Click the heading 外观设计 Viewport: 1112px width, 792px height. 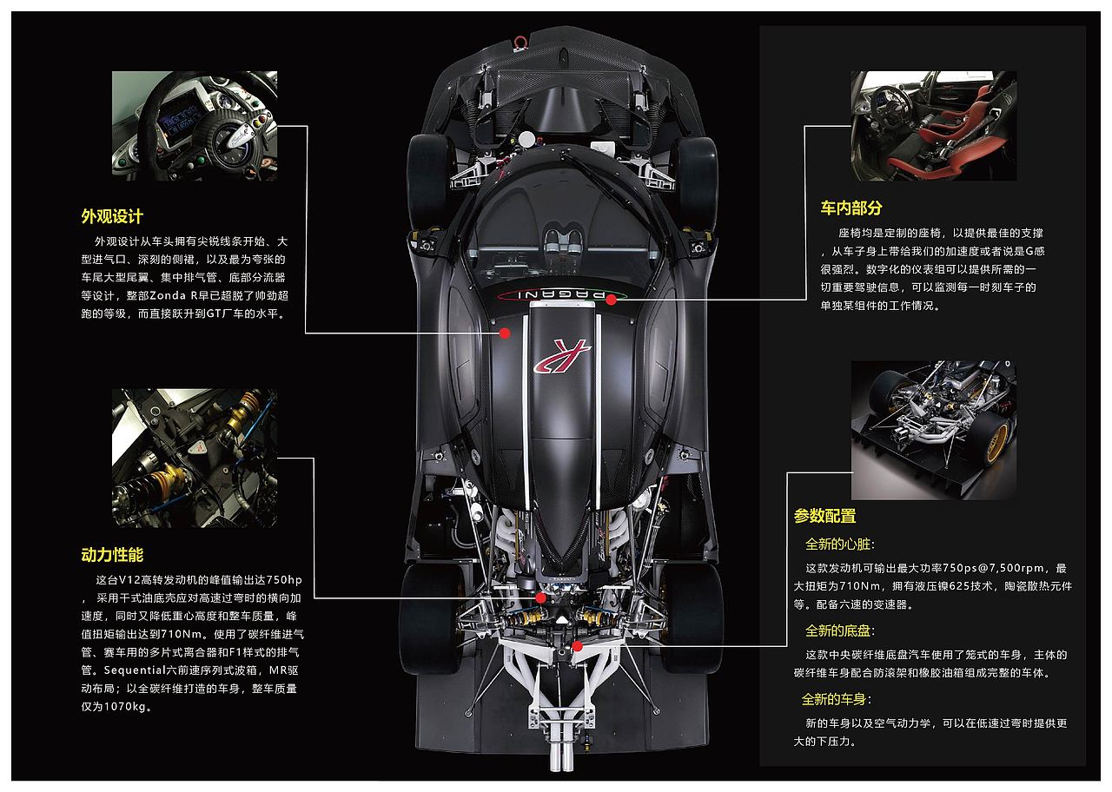pyautogui.click(x=112, y=216)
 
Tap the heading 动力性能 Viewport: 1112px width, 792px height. pyautogui.click(x=112, y=554)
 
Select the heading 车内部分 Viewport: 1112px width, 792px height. pyautogui.click(x=851, y=208)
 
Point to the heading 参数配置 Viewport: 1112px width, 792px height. pyautogui.click(x=824, y=516)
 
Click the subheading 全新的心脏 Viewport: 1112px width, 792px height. pyautogui.click(x=839, y=544)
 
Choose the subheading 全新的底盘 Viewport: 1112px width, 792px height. pyautogui.click(x=839, y=630)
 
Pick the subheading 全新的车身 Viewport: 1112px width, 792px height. pyautogui.click(x=836, y=699)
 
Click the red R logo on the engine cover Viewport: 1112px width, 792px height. pyautogui.click(x=562, y=356)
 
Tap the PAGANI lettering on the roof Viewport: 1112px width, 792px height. pyautogui.click(x=561, y=294)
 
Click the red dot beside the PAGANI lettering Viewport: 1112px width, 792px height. pyautogui.click(x=611, y=300)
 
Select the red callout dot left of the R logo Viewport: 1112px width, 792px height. pyautogui.click(x=505, y=333)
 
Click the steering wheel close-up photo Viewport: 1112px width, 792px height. pyautogui.click(x=195, y=126)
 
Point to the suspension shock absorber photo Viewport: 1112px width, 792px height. pyautogui.click(x=195, y=458)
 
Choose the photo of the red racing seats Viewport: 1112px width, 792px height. pyautogui.click(x=933, y=126)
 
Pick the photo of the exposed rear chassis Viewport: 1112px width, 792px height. pyautogui.click(x=933, y=430)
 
